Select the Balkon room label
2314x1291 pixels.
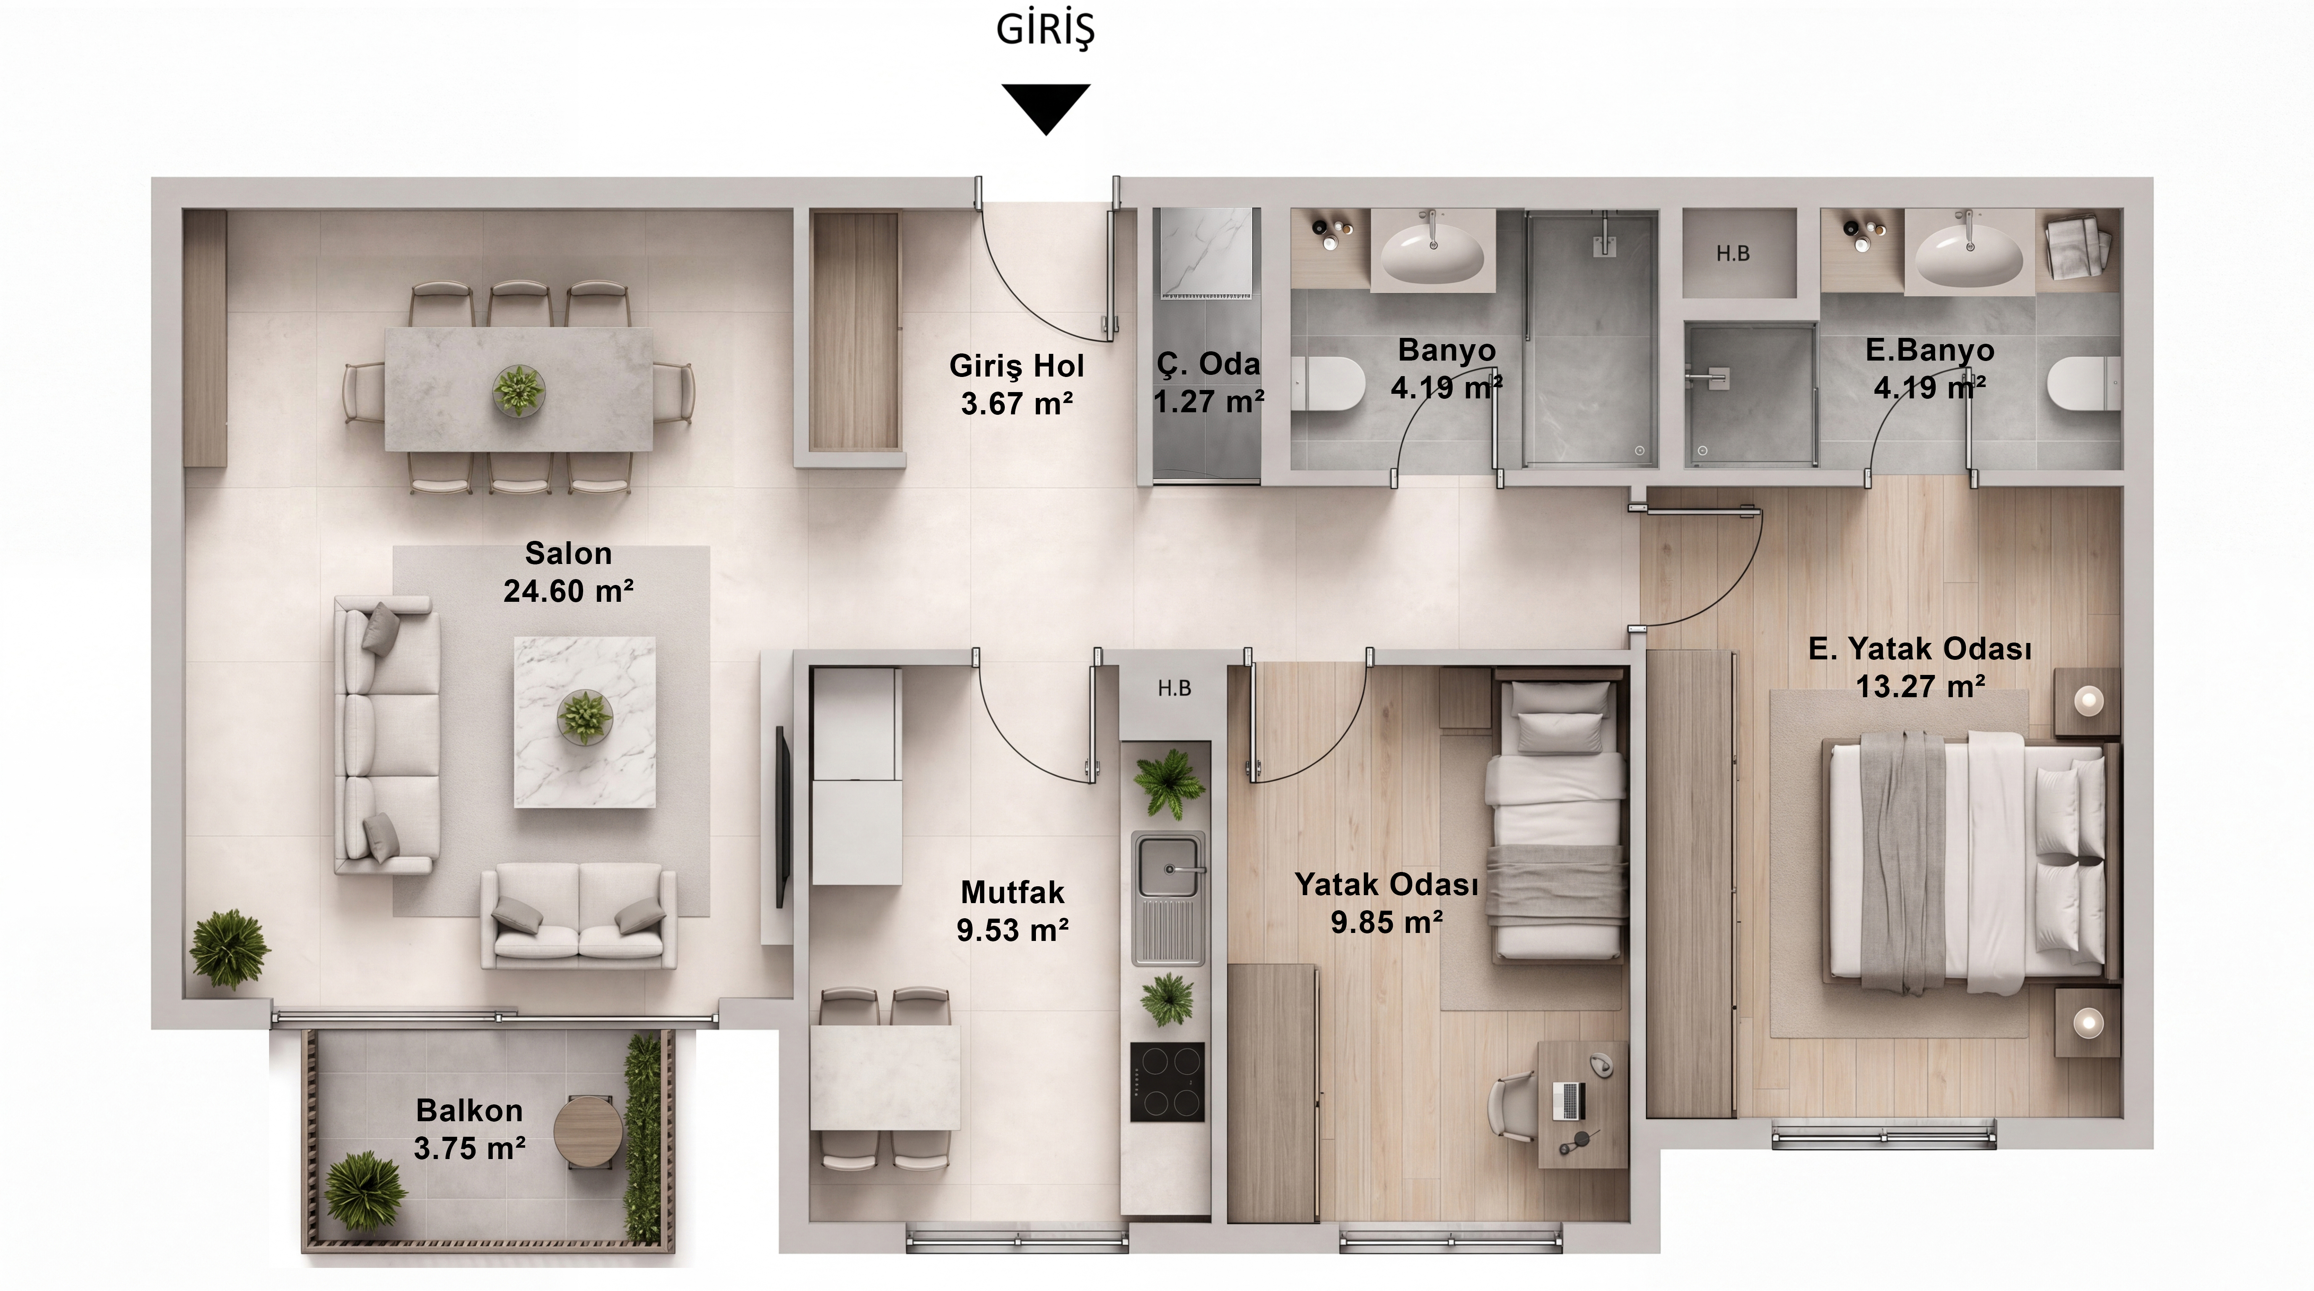(x=469, y=1111)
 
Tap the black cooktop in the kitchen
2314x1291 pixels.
(x=1167, y=1082)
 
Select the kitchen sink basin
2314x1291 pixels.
(x=1168, y=867)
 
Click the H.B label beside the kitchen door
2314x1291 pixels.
(x=1174, y=689)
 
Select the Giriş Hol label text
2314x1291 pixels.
(x=1017, y=366)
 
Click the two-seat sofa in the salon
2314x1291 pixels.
(x=578, y=916)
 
